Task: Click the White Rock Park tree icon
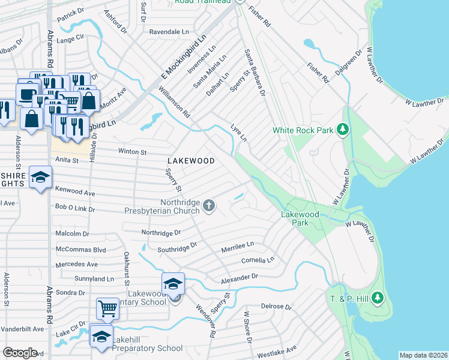point(343,130)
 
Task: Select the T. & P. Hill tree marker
point(377,298)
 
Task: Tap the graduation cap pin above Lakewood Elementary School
point(173,283)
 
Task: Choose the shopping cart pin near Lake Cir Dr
point(107,309)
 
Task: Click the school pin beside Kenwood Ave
point(41,177)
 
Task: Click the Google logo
point(20,353)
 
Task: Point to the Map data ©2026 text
point(423,355)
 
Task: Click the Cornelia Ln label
point(258,260)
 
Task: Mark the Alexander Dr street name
point(239,277)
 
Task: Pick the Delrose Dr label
point(276,307)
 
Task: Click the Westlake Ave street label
point(277,351)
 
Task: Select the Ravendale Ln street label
point(169,31)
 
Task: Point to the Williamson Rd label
point(174,101)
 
